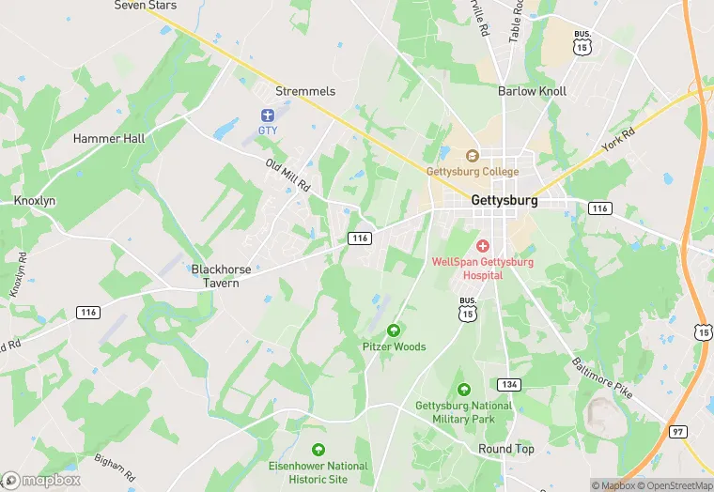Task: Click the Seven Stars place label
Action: click(145, 6)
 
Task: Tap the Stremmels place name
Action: click(305, 91)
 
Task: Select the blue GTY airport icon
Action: click(268, 115)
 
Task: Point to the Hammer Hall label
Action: click(109, 138)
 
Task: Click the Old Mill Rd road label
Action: click(287, 176)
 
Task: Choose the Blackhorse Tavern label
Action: click(222, 276)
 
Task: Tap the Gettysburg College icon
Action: click(473, 156)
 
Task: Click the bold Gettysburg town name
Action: click(504, 201)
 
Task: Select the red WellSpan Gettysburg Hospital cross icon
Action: click(482, 245)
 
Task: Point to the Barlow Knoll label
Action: click(532, 91)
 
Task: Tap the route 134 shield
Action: click(508, 384)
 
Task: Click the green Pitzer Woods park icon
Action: click(394, 330)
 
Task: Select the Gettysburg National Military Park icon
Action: click(463, 390)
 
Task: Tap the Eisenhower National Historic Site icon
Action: click(319, 450)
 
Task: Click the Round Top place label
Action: click(506, 449)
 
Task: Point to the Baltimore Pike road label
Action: click(602, 377)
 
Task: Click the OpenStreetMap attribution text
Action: click(675, 485)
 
